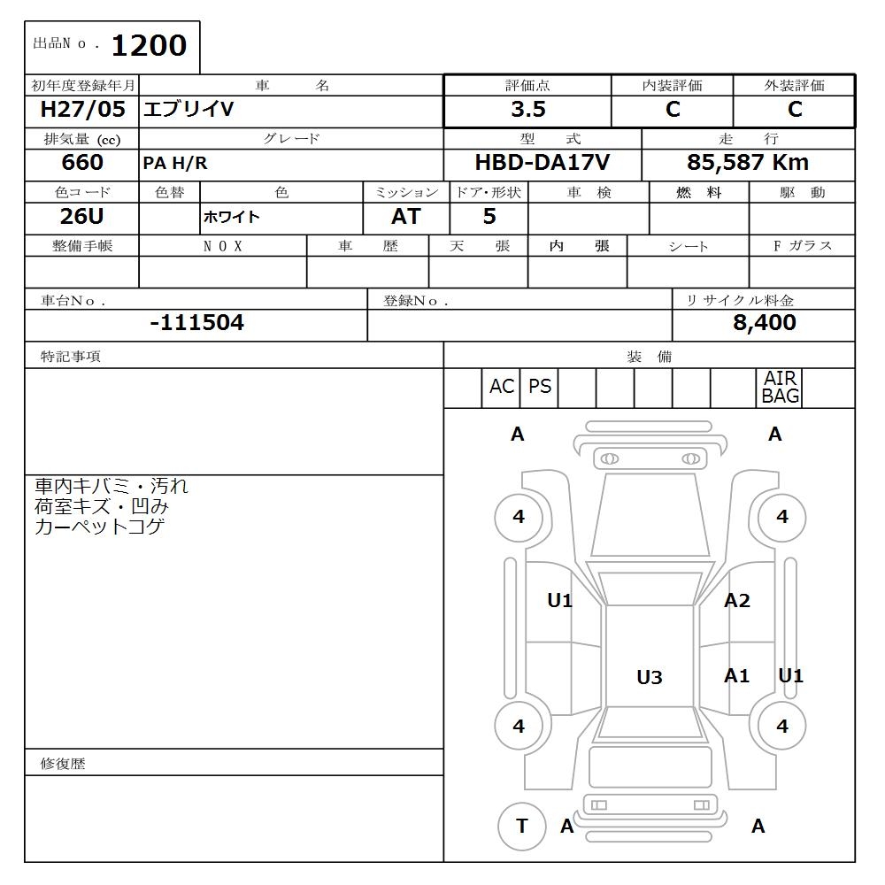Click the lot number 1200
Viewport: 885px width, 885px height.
pos(149,46)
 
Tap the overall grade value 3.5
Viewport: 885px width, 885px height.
pos(527,110)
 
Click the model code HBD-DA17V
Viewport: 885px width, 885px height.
pos(542,163)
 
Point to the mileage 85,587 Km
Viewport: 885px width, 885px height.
pos(748,163)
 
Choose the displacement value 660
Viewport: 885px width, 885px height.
pos(82,163)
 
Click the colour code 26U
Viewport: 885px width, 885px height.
pos(82,217)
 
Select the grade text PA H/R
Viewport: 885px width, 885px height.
pos(175,164)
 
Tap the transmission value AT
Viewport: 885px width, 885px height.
pos(406,217)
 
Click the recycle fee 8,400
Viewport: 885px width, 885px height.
pos(764,323)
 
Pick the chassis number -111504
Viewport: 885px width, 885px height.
pos(196,323)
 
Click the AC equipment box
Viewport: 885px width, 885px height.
pos(502,388)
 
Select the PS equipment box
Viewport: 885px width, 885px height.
pos(540,388)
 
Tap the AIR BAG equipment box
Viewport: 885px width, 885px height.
pos(781,388)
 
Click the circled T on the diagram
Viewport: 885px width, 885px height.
pos(521,826)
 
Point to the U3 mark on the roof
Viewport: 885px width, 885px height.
pos(650,677)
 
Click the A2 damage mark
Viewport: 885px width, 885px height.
pos(736,601)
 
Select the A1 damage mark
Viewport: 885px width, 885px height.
pos(736,676)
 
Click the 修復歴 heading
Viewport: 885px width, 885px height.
pos(63,764)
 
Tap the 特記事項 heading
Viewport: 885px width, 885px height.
pos(71,357)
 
